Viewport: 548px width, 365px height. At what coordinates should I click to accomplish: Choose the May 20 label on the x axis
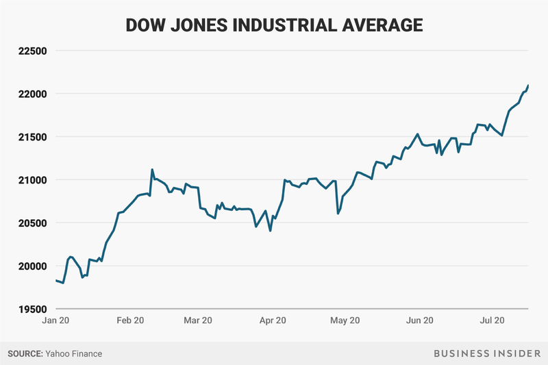(345, 320)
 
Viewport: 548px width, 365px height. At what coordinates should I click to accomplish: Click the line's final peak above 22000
(528, 86)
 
